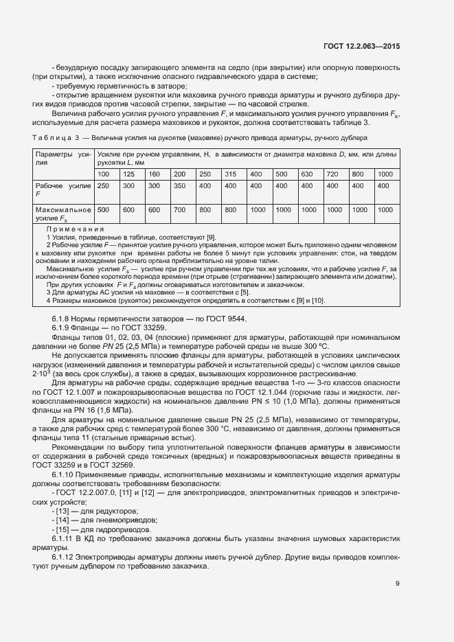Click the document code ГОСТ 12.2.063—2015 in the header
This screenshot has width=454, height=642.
coord(361,45)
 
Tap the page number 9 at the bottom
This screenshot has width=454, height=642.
coord(398,584)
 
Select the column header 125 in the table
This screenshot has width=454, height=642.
coord(128,173)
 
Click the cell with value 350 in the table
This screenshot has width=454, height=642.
coord(179,186)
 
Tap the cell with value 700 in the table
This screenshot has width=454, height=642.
coord(179,209)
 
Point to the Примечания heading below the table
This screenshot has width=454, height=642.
coord(75,229)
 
